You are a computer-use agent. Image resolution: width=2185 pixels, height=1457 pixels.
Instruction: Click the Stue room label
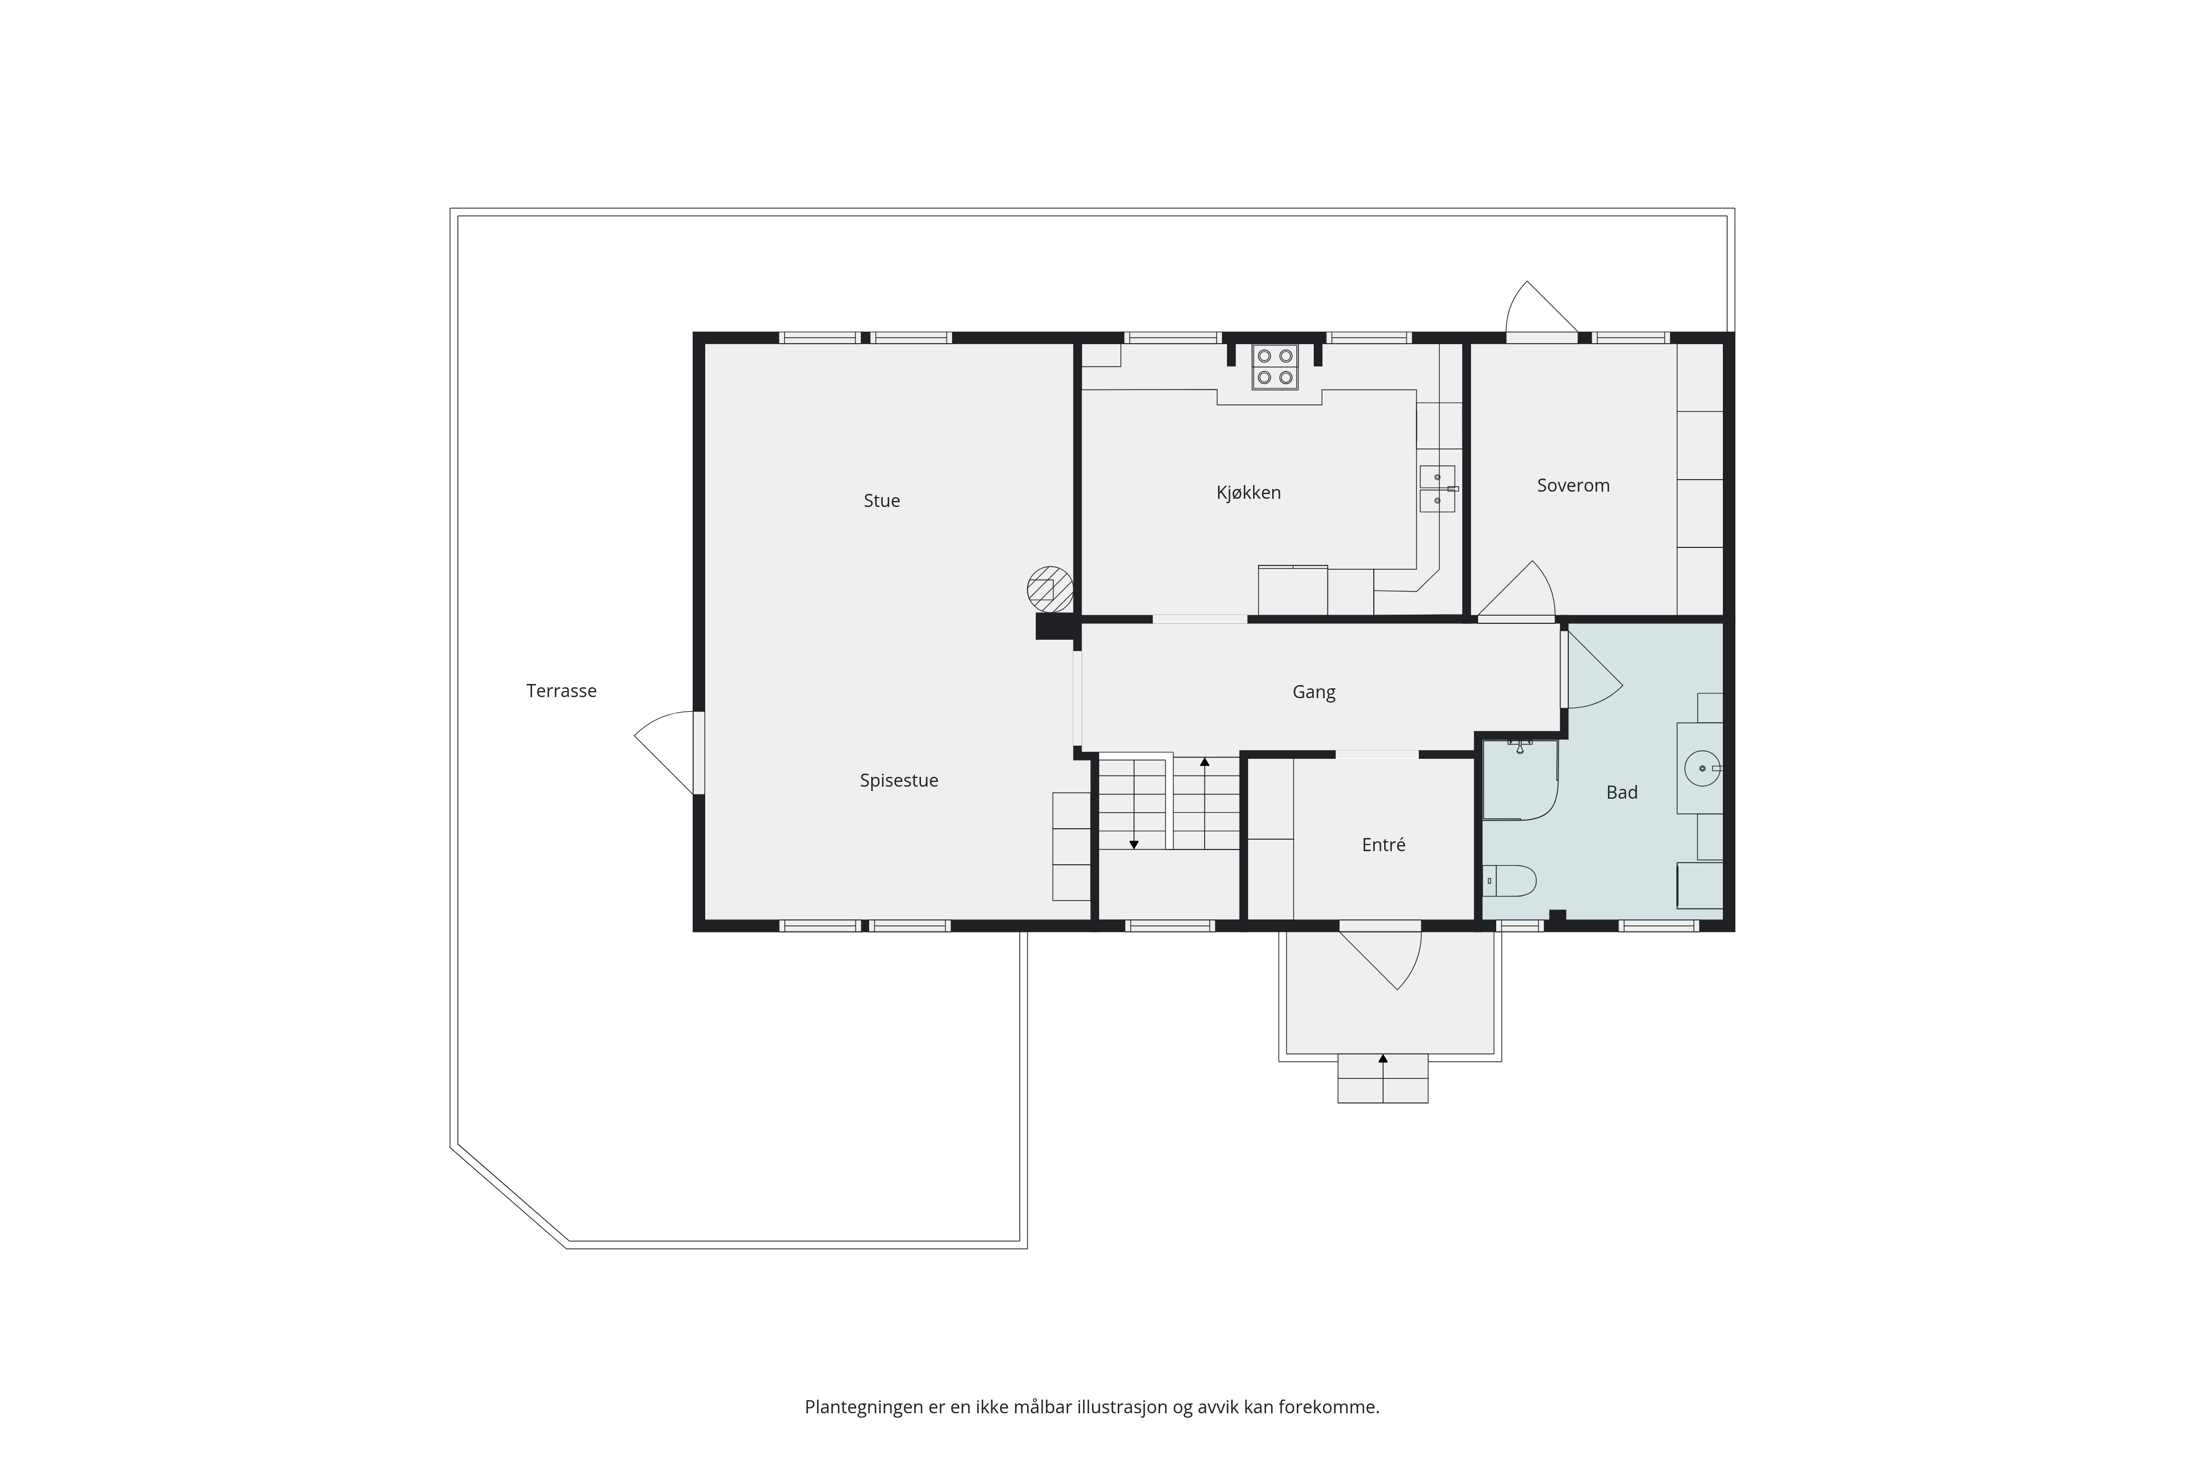click(x=882, y=501)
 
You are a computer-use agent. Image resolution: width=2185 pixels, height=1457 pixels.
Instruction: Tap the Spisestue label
click(x=899, y=781)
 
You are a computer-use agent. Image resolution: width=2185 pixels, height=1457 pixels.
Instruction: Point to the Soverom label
click(x=1573, y=485)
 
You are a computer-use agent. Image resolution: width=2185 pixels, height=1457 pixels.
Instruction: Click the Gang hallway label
click(x=1314, y=692)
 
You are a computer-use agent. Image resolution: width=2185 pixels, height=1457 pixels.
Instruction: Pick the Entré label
click(x=1383, y=845)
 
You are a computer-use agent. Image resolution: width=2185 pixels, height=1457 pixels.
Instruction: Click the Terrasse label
click(x=561, y=691)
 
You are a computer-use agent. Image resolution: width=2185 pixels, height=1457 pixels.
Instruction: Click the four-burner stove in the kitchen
click(x=1274, y=367)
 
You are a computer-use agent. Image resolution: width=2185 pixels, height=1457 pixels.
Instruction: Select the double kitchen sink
click(x=1437, y=489)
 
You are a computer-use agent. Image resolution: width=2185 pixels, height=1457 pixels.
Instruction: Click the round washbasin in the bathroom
click(x=1702, y=769)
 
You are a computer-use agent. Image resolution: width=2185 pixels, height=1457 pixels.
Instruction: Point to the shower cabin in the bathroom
click(x=1520, y=780)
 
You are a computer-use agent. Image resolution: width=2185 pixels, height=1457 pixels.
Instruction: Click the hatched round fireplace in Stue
click(x=1050, y=589)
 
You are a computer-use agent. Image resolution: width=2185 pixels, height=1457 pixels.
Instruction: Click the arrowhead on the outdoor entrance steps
click(x=1383, y=1058)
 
